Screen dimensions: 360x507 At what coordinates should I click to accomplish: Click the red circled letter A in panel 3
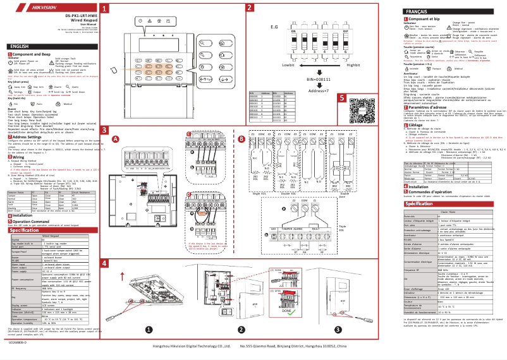point(114,138)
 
